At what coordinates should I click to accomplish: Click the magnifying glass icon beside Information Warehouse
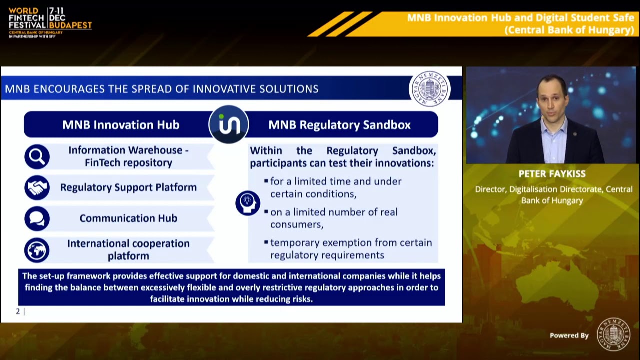coord(37,157)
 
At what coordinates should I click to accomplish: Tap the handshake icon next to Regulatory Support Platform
coord(37,188)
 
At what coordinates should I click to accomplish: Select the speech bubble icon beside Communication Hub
coord(37,219)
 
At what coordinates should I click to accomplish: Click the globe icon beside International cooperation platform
coord(37,250)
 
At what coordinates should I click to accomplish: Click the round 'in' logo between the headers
coord(229,124)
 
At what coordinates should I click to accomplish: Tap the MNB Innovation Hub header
coord(120,125)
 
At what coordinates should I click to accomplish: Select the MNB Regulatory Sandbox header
coord(339,125)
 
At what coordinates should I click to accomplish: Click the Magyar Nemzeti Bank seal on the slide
coord(429,89)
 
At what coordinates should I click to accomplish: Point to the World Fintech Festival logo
coord(50,22)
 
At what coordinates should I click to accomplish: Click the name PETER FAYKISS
coord(552,174)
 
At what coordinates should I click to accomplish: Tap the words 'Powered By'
coord(569,335)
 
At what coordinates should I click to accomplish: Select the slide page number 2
coord(18,311)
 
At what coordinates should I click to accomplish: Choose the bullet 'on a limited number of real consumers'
coord(334,218)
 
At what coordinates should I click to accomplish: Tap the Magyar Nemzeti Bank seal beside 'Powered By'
coord(613,334)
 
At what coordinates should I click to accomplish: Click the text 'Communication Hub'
coord(128,218)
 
